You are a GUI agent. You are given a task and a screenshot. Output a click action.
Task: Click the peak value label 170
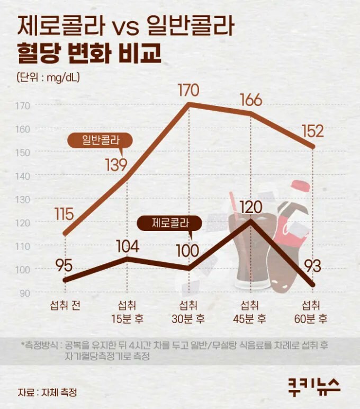188,91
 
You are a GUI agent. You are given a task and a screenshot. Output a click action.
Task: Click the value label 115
64,215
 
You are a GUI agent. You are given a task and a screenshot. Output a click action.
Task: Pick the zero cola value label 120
251,207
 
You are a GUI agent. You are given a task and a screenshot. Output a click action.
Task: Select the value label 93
313,266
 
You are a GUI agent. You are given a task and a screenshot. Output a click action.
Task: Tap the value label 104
127,246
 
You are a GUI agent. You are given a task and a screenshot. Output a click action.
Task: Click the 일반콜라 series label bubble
100,140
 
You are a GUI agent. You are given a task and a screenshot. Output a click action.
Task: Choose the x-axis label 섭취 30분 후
188,312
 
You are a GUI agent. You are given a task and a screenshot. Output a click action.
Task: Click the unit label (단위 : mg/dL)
48,77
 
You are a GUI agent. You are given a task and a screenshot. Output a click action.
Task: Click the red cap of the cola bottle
300,186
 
